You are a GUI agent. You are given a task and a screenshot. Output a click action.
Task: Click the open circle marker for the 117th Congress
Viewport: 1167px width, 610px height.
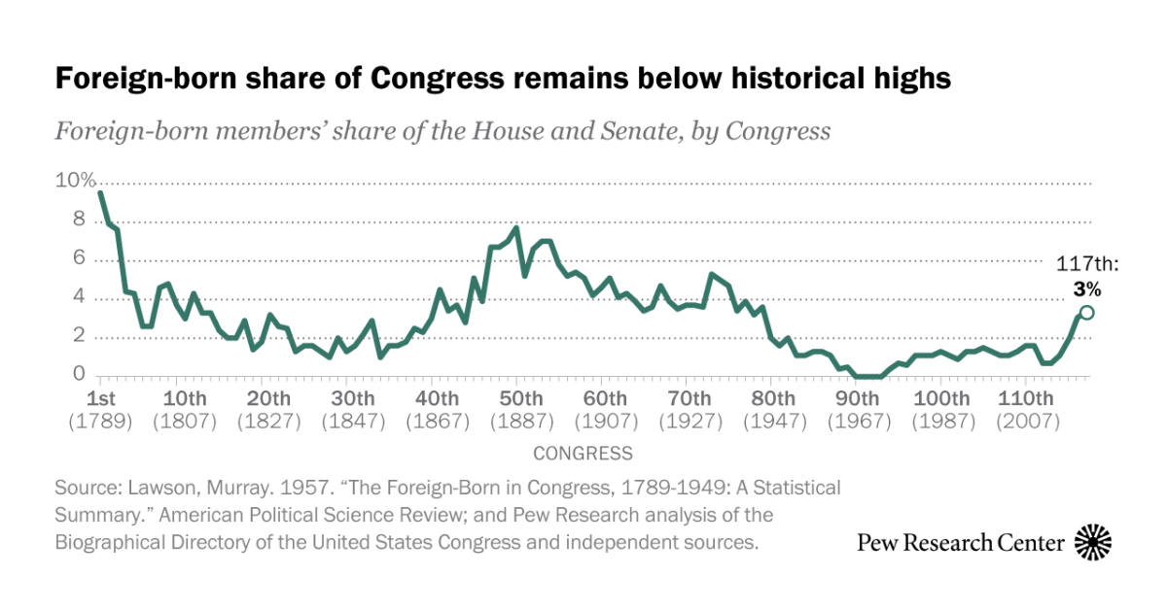[x=1086, y=312]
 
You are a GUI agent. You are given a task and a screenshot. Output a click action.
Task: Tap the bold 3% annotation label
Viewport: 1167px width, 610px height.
[x=1087, y=288]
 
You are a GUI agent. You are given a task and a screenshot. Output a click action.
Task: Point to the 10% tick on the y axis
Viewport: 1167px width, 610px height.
[x=75, y=182]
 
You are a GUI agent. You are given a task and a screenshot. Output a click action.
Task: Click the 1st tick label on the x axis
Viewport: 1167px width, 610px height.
[x=101, y=399]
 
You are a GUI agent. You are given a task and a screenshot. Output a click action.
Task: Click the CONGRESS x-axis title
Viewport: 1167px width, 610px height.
[x=583, y=454]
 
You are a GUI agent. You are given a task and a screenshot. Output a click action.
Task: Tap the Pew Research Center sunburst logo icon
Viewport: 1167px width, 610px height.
[x=1093, y=542]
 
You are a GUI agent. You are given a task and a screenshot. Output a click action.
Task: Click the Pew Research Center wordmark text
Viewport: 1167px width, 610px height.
[x=960, y=543]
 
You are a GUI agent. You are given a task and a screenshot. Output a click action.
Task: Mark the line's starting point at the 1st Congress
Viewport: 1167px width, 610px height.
[x=101, y=192]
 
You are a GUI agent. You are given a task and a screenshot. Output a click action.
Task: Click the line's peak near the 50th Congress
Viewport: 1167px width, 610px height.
[x=516, y=228]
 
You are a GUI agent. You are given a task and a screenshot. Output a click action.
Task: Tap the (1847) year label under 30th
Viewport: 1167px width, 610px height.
[x=353, y=422]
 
